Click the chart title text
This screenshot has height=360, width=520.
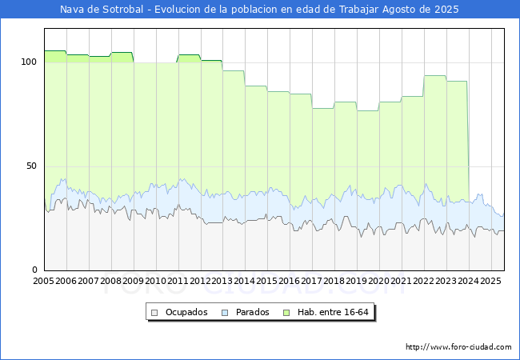pyautogui.click(x=260, y=10)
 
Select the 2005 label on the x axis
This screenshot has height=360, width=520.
pyautogui.click(x=44, y=282)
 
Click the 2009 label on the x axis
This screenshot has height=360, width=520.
pyautogui.click(x=134, y=282)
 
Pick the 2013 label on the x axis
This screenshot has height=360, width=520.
pyautogui.click(x=222, y=282)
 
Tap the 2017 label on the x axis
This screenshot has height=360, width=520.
pyautogui.click(x=312, y=282)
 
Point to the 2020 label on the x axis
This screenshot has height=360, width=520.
pyautogui.click(x=379, y=282)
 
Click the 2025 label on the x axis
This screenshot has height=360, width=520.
pyautogui.click(x=490, y=282)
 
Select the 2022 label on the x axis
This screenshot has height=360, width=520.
pyautogui.click(x=424, y=282)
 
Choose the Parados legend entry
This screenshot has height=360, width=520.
pyautogui.click(x=246, y=312)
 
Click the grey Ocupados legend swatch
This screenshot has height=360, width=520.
pyautogui.click(x=155, y=312)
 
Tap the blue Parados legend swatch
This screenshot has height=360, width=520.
pyautogui.click(x=225, y=312)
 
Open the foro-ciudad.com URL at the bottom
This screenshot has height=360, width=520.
pyautogui.click(x=458, y=347)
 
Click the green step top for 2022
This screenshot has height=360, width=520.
pyautogui.click(x=435, y=76)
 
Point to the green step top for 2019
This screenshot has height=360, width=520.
pyautogui.click(x=368, y=111)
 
